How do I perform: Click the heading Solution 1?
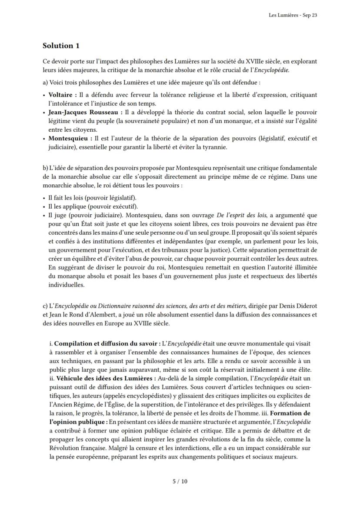(61, 46)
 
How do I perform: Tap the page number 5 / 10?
(180, 481)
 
